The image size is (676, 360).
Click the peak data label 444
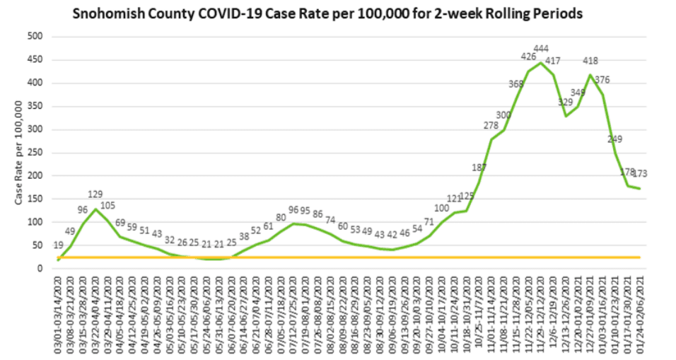tap(541, 49)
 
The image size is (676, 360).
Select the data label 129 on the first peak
tap(96, 194)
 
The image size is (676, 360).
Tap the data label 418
tap(590, 60)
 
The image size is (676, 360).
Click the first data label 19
tap(57, 245)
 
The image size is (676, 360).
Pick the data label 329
tap(566, 103)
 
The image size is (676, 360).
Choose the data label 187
tap(479, 167)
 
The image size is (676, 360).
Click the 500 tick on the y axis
tap(35, 37)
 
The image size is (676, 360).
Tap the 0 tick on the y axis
tap(42, 269)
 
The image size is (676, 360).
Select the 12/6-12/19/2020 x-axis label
tap(554, 314)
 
